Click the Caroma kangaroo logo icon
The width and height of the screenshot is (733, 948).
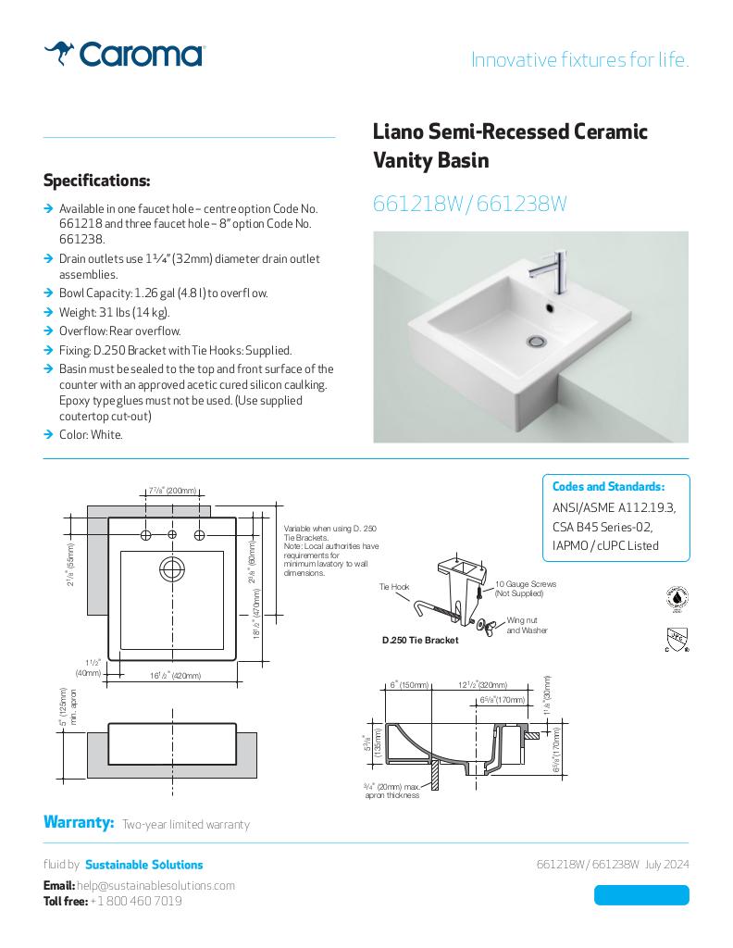[x=59, y=54]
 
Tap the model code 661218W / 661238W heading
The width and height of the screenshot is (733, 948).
[x=469, y=205]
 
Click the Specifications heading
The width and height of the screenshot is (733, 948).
[x=96, y=180]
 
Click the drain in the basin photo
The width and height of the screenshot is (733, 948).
[x=536, y=342]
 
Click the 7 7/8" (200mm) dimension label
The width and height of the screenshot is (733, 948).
[x=172, y=490]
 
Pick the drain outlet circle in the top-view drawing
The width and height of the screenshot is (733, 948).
[x=172, y=569]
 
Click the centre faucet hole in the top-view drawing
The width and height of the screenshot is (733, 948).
[x=172, y=535]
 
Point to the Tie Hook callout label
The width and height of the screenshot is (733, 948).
[x=394, y=587]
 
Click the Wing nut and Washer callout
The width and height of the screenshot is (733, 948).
[x=527, y=625]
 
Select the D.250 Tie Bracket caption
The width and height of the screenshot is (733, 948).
[x=420, y=640]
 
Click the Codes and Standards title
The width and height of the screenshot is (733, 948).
[x=608, y=487]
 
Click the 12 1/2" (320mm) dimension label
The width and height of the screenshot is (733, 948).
[x=482, y=685]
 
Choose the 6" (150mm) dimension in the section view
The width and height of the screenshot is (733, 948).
[x=408, y=685]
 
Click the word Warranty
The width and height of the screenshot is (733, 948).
[x=79, y=823]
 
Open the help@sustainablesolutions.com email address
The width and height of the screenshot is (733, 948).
[x=155, y=886]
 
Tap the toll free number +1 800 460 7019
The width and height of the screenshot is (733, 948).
[x=136, y=901]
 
